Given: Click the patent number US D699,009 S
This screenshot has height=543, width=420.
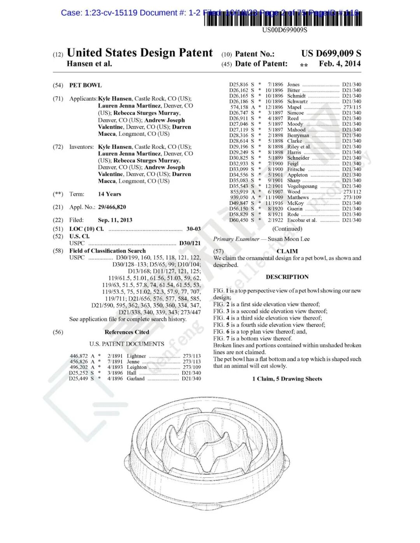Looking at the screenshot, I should [331, 53].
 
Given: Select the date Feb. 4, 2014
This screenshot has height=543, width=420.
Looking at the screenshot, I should [339, 64].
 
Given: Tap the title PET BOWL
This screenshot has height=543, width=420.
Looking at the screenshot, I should [85, 85].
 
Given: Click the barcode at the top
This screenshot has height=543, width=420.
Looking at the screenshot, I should [283, 19].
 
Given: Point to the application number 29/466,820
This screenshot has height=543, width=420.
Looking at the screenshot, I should [112, 207].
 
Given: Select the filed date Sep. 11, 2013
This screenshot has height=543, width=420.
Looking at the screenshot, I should [115, 220].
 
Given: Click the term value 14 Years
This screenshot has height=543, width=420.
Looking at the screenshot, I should [110, 194].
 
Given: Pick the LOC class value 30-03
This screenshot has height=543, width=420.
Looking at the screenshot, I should [194, 229].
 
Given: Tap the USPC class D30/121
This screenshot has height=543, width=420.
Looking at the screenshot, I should [190, 243].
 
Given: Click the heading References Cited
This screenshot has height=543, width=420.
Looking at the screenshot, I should [127, 332].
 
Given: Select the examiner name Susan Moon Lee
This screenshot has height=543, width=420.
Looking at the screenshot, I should [289, 239].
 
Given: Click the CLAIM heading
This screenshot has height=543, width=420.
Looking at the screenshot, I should [287, 251].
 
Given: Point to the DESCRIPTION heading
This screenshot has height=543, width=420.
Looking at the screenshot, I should [287, 277].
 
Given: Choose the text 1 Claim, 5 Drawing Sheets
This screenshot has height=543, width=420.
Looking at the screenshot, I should [287, 379].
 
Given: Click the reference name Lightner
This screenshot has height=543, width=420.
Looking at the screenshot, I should [136, 356].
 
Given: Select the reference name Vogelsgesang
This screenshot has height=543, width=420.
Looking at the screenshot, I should [302, 186].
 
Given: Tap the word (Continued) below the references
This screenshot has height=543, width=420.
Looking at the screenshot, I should [287, 229].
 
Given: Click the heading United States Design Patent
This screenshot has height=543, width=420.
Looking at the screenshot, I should [140, 53].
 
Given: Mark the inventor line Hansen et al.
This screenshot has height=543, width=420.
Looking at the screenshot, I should [89, 64].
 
